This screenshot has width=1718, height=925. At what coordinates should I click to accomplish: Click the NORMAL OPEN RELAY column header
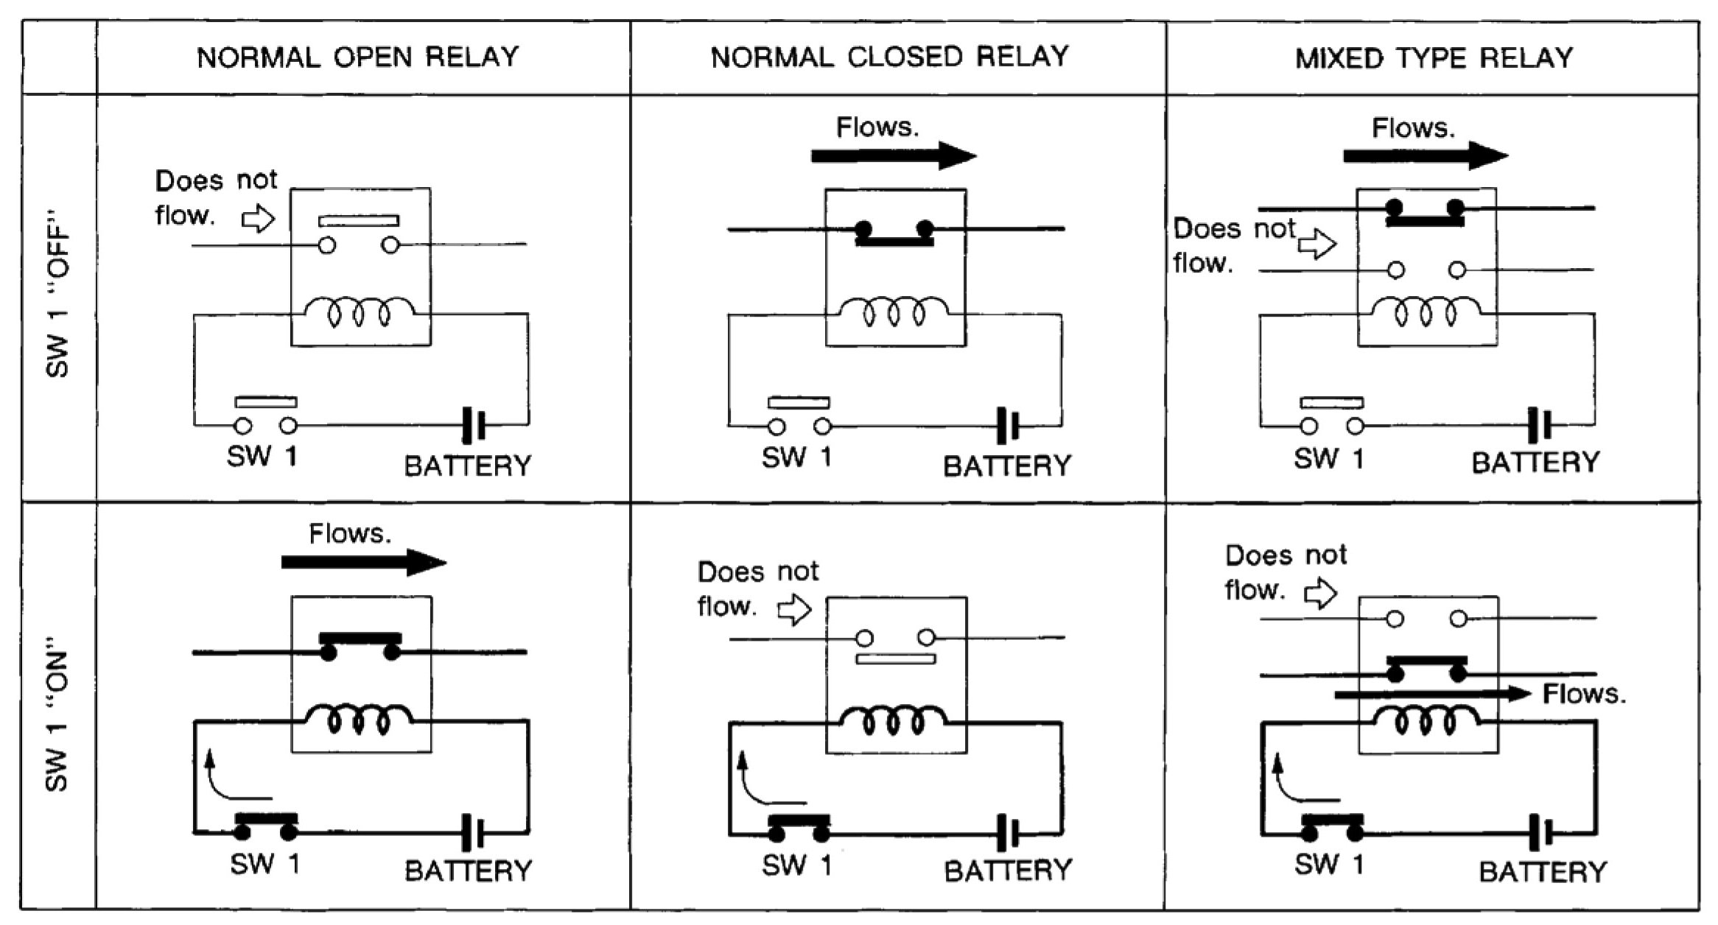click(358, 57)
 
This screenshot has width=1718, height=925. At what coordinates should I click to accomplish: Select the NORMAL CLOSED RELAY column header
click(889, 57)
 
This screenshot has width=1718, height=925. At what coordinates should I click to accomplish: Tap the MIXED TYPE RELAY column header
click(1434, 58)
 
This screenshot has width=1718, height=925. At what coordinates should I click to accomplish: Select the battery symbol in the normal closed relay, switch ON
click(1008, 833)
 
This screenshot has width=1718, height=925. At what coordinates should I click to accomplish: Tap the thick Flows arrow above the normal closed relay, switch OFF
click(893, 156)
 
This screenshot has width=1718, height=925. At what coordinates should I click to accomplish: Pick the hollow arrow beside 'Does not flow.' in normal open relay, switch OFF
click(259, 219)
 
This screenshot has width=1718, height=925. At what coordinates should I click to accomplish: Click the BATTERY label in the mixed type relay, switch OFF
click(1535, 462)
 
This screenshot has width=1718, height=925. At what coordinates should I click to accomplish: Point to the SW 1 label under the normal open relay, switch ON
click(264, 863)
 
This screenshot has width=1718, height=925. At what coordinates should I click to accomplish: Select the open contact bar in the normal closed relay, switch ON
click(896, 658)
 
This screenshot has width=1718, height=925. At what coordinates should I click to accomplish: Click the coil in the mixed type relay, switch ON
click(1426, 720)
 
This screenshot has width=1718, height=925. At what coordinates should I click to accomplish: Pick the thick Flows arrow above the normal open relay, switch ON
click(363, 563)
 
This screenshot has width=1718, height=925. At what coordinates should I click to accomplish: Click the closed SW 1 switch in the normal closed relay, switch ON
click(799, 826)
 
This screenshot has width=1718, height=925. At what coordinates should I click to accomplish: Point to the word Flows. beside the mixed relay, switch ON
click(1584, 694)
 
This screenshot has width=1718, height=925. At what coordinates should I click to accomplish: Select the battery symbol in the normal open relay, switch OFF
click(474, 424)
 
